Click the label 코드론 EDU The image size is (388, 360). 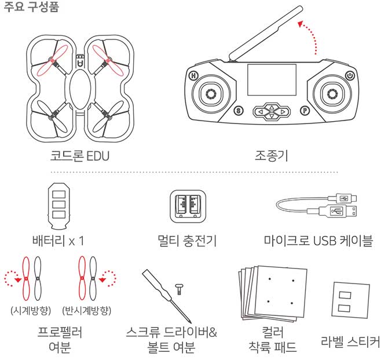(x=79, y=156)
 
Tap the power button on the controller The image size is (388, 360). (x=349, y=75)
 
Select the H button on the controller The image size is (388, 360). (x=193, y=75)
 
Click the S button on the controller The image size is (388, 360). (x=237, y=110)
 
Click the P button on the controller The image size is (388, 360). (x=305, y=110)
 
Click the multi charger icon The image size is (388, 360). (x=186, y=206)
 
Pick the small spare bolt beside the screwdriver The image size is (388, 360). (x=180, y=286)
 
